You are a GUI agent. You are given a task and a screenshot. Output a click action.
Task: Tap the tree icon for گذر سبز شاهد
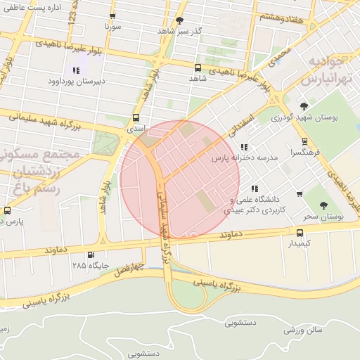179,20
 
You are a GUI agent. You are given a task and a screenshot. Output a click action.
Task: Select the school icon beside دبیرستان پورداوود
76,70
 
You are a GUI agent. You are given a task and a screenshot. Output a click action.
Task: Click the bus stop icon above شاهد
197,68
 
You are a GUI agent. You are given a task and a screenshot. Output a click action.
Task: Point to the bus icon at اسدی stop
136,119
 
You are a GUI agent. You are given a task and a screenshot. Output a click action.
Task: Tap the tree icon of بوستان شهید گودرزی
304,106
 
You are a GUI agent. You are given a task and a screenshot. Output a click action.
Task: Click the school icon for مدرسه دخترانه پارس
244,147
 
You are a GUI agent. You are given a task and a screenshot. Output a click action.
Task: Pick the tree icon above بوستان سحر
323,205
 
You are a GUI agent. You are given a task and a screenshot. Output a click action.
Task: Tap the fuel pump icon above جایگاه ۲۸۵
89,255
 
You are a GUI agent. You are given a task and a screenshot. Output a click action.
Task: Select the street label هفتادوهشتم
282,17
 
